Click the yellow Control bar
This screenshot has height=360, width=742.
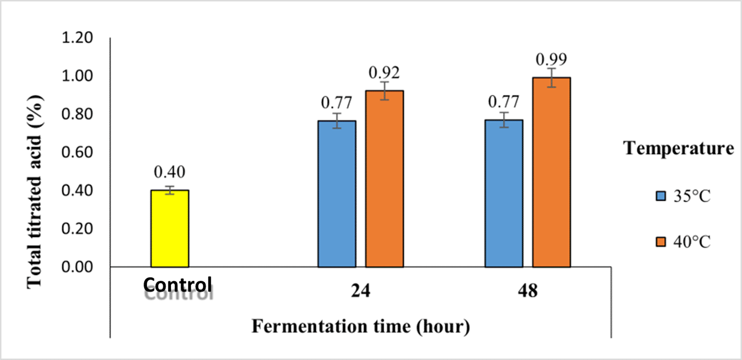click(x=170, y=228)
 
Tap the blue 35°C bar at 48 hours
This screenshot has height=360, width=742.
click(x=504, y=193)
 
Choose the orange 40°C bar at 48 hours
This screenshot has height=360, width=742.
click(x=551, y=172)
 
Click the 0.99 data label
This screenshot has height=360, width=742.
click(x=551, y=59)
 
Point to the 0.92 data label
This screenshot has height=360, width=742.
click(x=384, y=73)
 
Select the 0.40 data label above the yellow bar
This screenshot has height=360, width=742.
click(x=170, y=172)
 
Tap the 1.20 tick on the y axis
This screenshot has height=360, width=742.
click(x=77, y=38)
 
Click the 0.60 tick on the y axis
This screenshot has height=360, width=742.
click(x=77, y=152)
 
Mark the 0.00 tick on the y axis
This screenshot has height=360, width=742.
click(x=77, y=267)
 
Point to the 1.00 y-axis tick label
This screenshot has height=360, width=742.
click(x=77, y=76)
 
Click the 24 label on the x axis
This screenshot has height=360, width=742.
click(x=361, y=291)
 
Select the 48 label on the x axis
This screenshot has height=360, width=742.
click(x=528, y=291)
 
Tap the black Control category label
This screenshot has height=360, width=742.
click(x=177, y=285)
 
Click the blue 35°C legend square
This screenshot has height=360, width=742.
click(x=661, y=196)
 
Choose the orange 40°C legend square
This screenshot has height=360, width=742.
click(x=661, y=242)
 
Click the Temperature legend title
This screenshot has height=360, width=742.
click(x=678, y=148)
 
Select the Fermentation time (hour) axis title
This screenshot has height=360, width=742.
click(x=361, y=326)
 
